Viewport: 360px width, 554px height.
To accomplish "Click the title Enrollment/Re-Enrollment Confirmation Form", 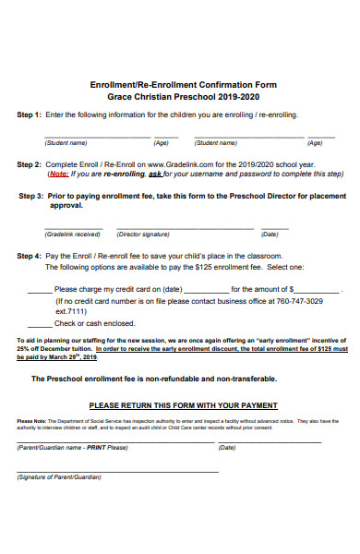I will [x=182, y=84].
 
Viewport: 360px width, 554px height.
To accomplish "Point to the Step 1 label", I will [x=30, y=115].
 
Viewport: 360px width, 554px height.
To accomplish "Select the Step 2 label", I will [x=30, y=164].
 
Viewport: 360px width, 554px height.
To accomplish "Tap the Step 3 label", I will [x=31, y=197].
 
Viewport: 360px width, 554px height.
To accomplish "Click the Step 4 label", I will [x=30, y=255].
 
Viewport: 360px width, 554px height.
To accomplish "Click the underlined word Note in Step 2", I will [x=57, y=174].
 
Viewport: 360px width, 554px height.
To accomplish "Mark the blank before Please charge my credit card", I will [x=40, y=290].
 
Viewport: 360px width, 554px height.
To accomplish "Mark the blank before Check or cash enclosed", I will [x=40, y=323].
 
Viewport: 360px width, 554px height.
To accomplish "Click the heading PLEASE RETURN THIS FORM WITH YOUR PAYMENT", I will [x=182, y=404].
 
